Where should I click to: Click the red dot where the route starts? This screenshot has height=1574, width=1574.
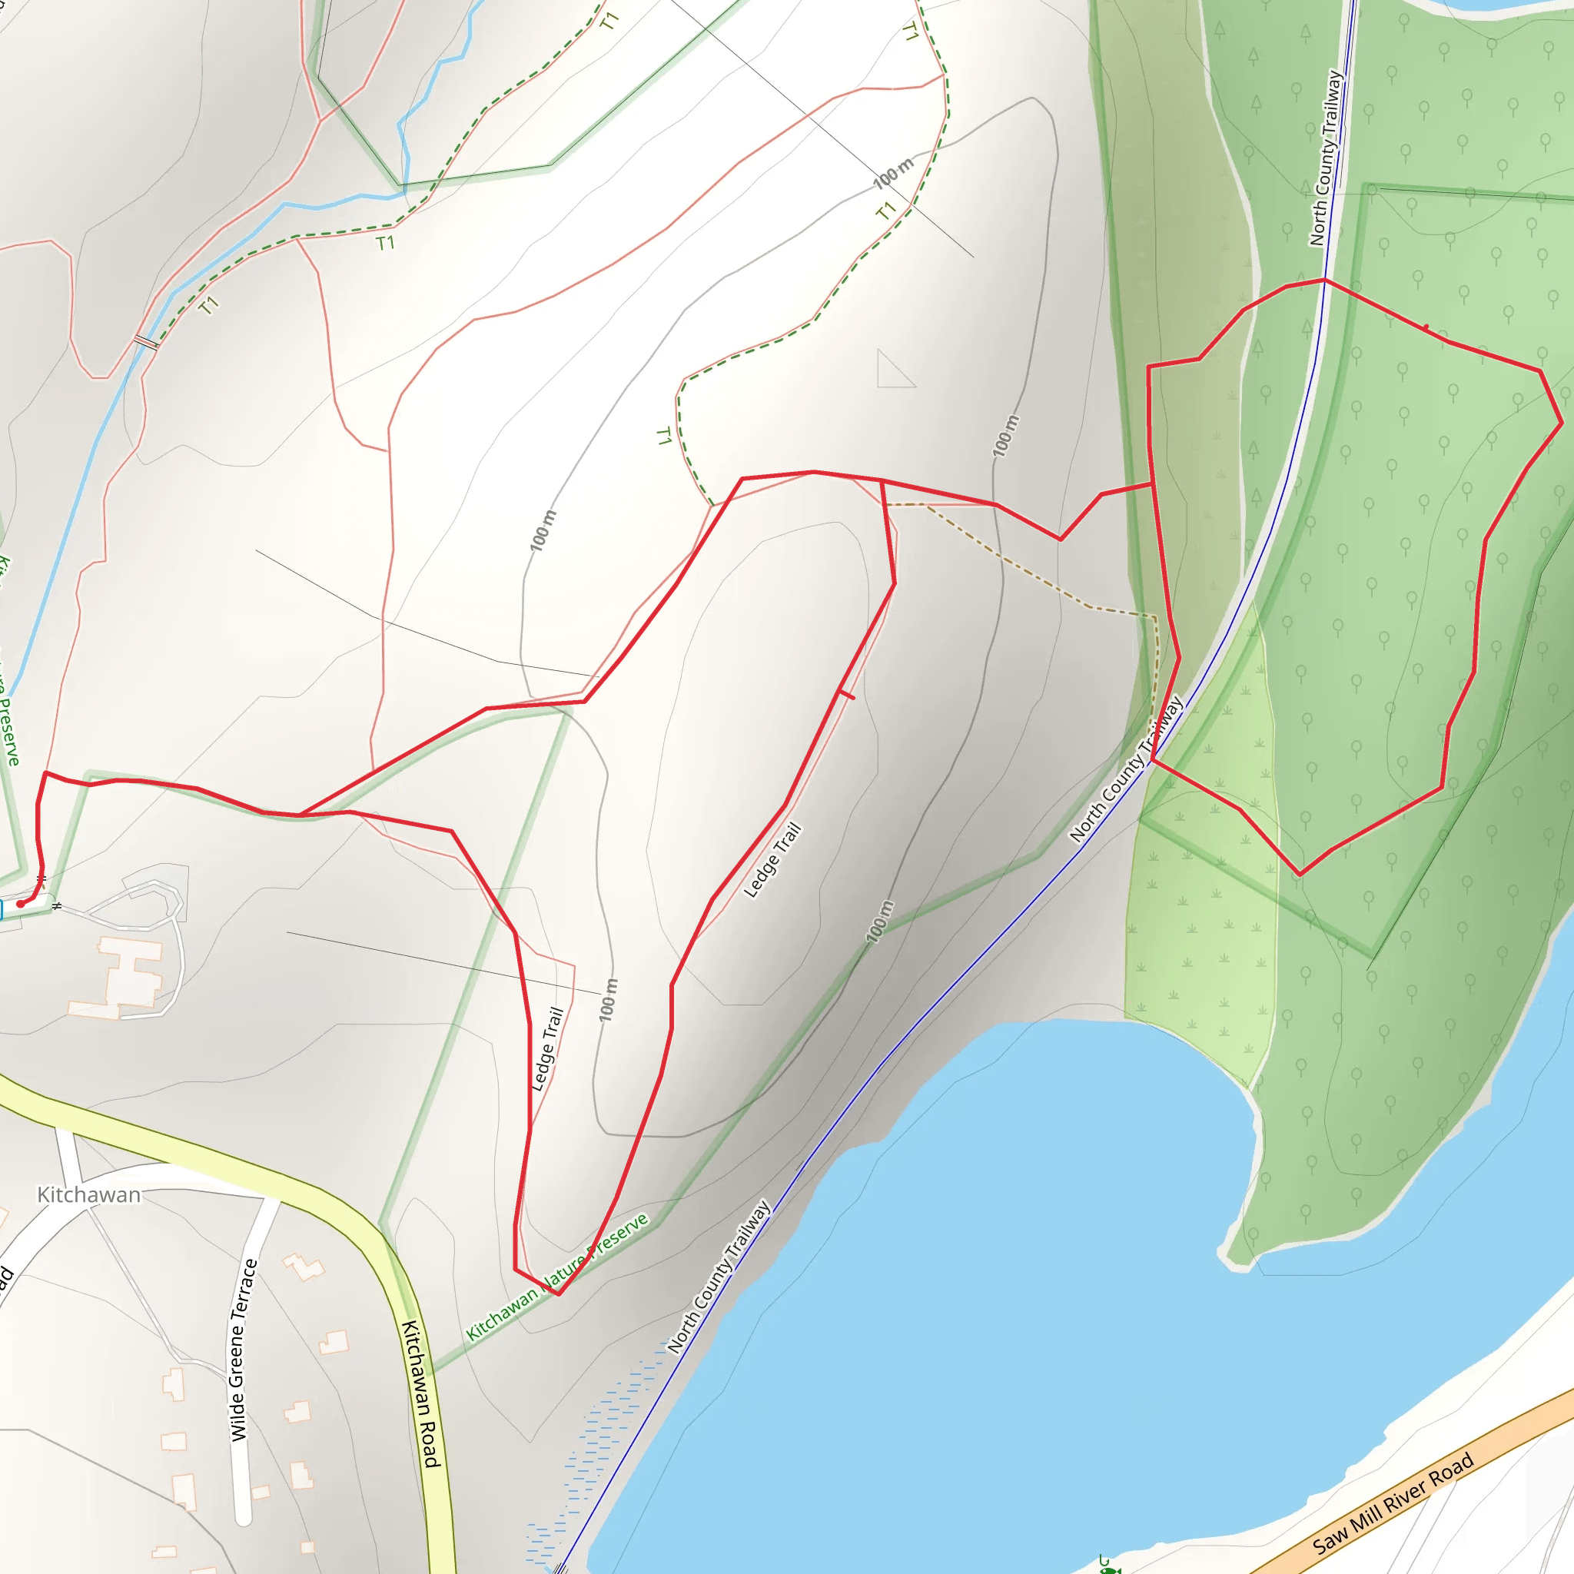tap(21, 904)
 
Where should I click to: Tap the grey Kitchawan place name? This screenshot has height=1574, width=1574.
tap(89, 1195)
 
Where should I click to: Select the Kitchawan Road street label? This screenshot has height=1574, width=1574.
tap(422, 1393)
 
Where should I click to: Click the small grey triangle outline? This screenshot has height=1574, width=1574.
tap(892, 371)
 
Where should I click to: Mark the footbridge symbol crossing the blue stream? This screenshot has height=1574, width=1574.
tap(146, 341)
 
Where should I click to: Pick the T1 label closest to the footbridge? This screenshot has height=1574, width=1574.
tap(208, 306)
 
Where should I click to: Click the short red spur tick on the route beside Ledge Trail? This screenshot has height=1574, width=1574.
tap(847, 695)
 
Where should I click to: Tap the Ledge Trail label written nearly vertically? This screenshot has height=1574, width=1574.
tap(547, 1048)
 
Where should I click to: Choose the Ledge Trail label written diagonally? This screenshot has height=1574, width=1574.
tap(772, 860)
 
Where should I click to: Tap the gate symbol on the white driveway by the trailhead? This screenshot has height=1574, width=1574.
tap(56, 906)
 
